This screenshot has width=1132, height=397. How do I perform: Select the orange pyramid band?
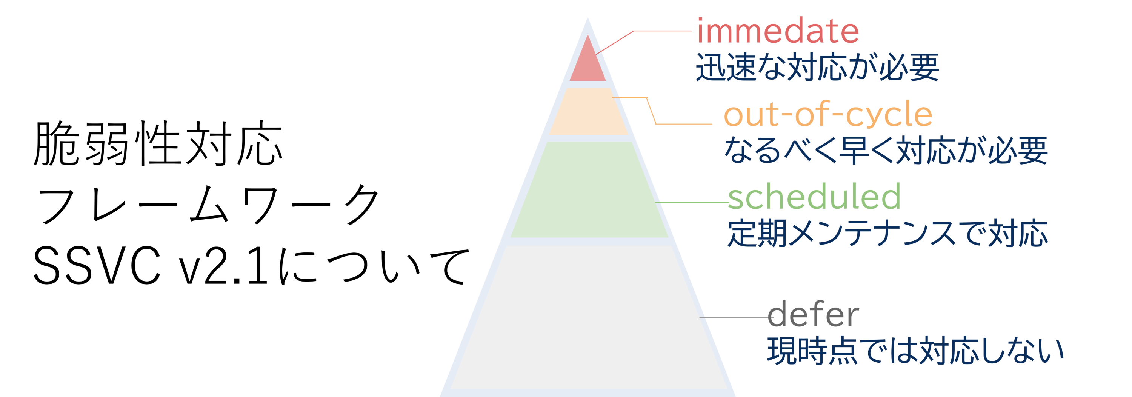point(588,111)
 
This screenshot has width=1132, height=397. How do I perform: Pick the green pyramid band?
point(589,189)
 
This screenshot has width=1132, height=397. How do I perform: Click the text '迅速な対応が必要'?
point(817,67)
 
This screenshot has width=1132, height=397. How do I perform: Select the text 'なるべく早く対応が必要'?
point(886,150)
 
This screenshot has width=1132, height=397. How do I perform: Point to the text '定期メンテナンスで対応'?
point(887,232)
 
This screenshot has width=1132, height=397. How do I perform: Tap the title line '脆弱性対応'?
point(158,143)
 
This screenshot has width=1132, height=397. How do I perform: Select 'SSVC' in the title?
point(97,266)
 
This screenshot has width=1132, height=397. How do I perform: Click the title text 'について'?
point(374,266)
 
